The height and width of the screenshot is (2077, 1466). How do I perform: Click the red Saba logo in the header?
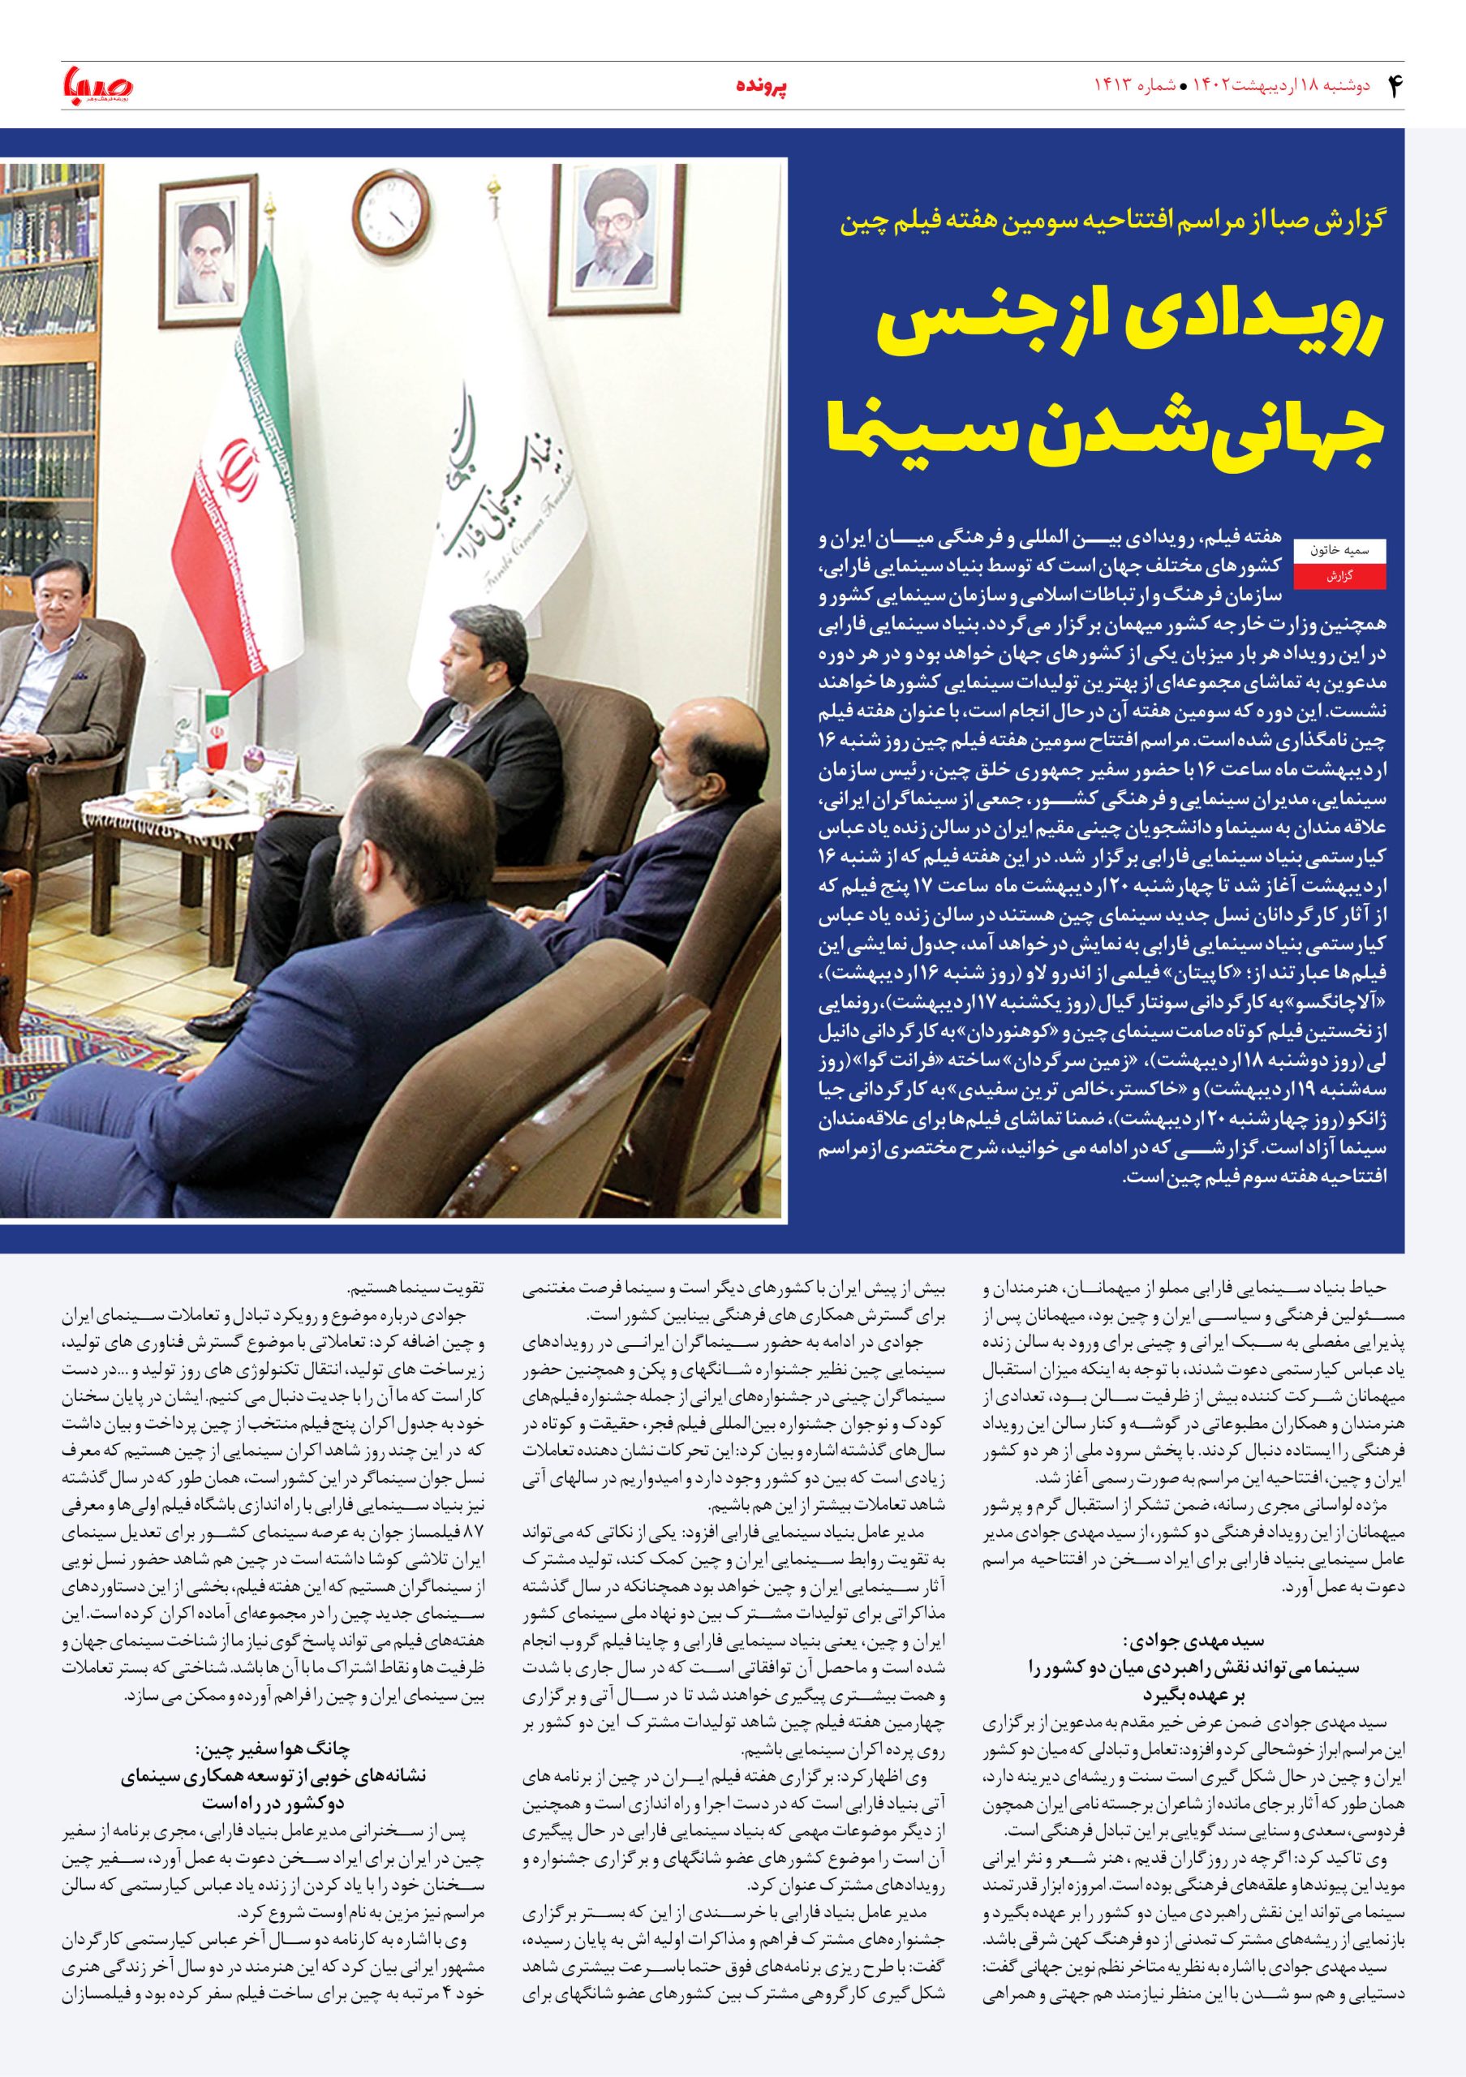coord(97,86)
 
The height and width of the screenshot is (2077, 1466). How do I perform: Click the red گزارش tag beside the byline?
coord(1340,576)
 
